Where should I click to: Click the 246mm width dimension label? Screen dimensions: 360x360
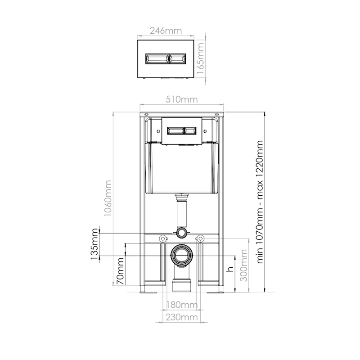[166, 31]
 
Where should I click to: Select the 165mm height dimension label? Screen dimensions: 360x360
[200, 58]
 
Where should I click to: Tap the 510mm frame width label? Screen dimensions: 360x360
[182, 99]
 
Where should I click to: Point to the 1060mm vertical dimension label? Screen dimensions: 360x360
[108, 198]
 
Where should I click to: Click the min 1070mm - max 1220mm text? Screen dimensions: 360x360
[260, 202]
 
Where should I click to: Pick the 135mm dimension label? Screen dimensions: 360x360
[94, 244]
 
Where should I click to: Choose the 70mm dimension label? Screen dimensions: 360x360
[120, 271]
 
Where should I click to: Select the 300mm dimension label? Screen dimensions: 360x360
[243, 265]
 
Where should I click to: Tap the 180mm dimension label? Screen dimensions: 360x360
[182, 305]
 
